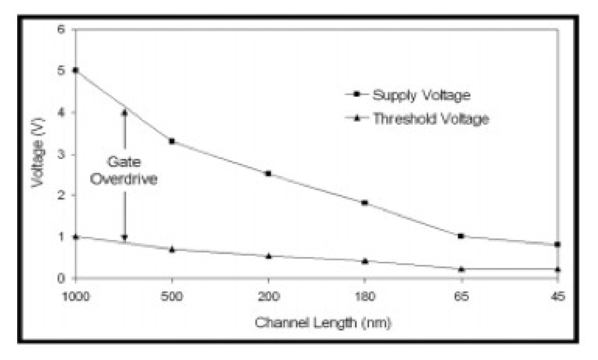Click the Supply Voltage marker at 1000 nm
pos(75,70)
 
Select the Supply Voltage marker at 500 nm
pos(172,141)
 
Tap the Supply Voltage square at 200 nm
pos(269,174)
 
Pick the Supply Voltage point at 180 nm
pos(365,203)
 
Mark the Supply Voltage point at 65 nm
pos(461,236)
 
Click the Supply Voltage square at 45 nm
pos(558,245)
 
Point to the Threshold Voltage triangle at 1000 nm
pos(75,236)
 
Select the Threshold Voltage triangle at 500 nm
pos(172,249)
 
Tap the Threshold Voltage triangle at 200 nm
pos(269,256)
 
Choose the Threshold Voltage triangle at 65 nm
pos(461,269)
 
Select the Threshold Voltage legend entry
pos(430,119)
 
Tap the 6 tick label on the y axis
pos(60,29)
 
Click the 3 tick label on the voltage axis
pos(60,154)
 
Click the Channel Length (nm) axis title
pos(323,323)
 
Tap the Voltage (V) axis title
pos(38,153)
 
